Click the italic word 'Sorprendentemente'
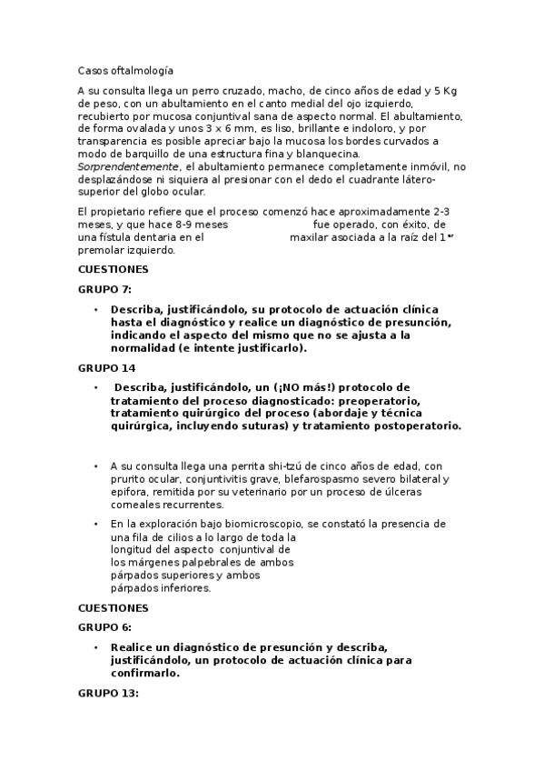click(x=128, y=167)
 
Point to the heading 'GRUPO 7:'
click(x=105, y=289)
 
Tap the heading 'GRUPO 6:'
click(x=105, y=627)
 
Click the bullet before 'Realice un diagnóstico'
click(x=95, y=647)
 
